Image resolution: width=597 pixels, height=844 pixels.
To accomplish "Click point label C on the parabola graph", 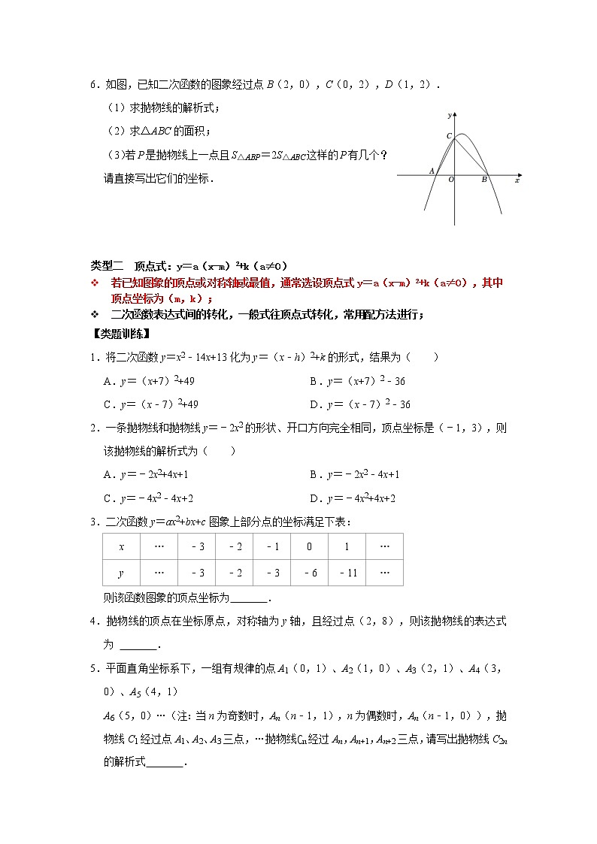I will click(x=449, y=136).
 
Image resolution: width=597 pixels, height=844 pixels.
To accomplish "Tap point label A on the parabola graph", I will click(x=432, y=171).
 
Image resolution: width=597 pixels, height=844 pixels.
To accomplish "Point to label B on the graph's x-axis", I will click(x=484, y=180).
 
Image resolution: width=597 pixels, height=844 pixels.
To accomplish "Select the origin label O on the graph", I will click(x=451, y=180).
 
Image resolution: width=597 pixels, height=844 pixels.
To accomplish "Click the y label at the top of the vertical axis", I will click(x=449, y=115).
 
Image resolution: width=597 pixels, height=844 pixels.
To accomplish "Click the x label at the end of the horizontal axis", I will click(x=517, y=180).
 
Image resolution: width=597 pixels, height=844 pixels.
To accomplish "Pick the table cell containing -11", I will click(x=347, y=573).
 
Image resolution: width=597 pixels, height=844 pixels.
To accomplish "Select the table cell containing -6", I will click(x=309, y=573).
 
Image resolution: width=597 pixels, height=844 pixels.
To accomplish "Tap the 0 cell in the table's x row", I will click(x=309, y=546).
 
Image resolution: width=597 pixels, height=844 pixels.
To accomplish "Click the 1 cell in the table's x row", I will click(x=347, y=546).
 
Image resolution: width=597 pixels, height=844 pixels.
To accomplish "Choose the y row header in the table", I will click(x=121, y=573).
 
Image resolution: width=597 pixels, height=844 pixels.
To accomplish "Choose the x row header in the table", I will click(x=121, y=546).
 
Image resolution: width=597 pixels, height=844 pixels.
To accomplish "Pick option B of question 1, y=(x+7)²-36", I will click(x=358, y=381).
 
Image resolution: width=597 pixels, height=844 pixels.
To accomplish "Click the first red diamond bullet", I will click(x=95, y=283).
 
